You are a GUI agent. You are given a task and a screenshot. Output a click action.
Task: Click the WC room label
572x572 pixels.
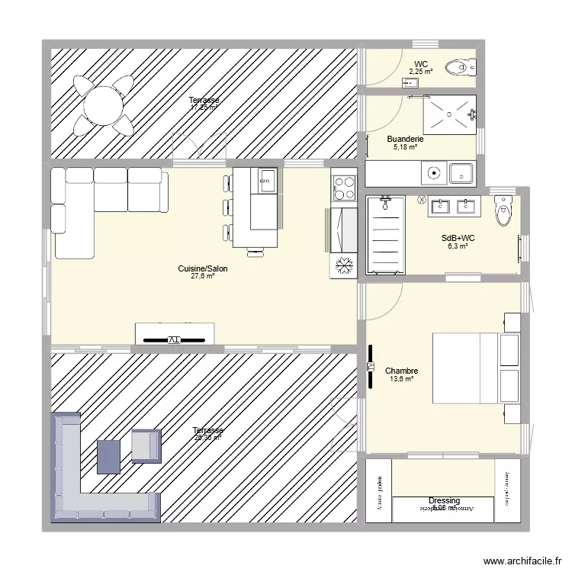coord(420,64)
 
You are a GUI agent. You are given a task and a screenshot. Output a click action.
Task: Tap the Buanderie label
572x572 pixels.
coord(405,139)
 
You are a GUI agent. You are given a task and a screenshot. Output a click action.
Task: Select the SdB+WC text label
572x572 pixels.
coord(458,238)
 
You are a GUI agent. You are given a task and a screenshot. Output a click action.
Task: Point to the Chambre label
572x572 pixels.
coord(401,371)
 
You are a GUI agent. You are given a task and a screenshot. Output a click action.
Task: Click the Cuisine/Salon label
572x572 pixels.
coord(203,268)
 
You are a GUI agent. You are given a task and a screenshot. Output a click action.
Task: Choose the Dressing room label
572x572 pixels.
coord(444,501)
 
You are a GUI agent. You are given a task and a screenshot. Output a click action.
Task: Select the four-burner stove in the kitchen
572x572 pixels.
coord(344,188)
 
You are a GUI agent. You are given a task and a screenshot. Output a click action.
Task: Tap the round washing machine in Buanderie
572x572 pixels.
coord(435,173)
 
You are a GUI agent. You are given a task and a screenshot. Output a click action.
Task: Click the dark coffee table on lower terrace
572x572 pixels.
coord(109,455)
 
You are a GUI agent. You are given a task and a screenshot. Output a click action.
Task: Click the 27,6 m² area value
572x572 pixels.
coord(203,276)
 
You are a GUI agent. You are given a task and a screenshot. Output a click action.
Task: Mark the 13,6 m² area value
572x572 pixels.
coord(401,379)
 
